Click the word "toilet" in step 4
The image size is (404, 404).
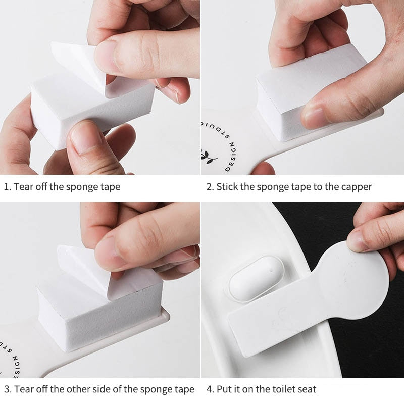click(272, 389)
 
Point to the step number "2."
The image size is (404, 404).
click(210, 187)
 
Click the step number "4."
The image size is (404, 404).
click(210, 389)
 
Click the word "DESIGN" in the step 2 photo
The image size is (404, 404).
click(231, 157)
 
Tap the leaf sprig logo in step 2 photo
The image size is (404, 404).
click(208, 156)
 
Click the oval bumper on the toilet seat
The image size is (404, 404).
click(257, 278)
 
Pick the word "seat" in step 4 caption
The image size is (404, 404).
click(306, 389)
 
